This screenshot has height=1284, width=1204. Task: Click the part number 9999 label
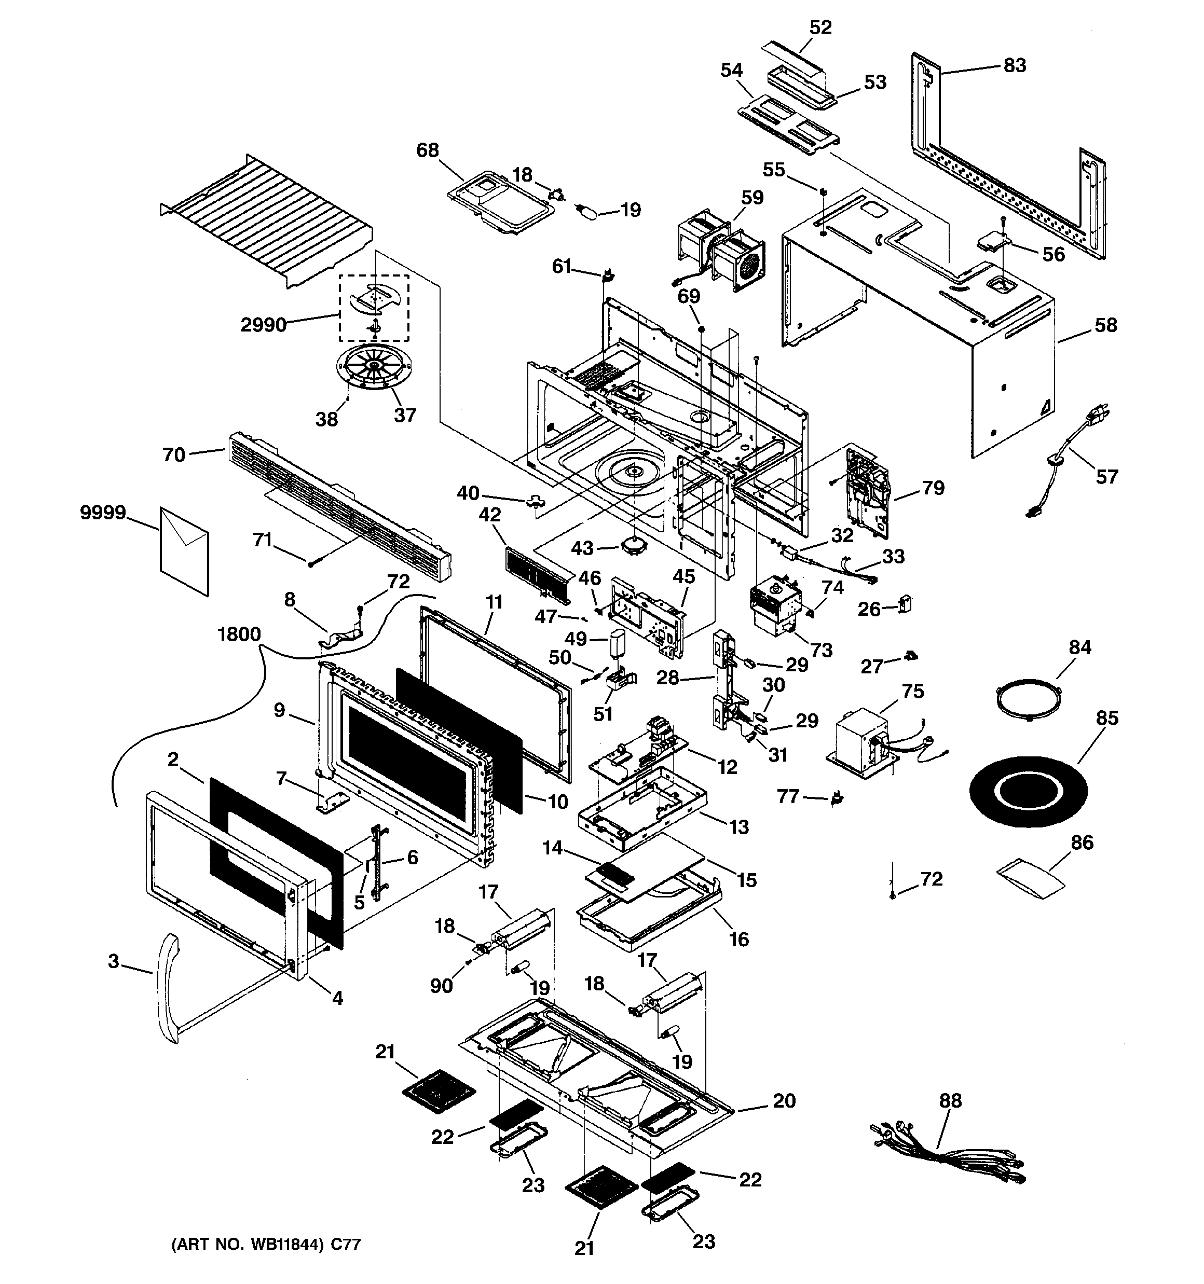coord(103,513)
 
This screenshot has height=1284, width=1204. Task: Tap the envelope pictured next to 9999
coord(184,551)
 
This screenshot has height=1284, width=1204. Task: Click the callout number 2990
coord(264,324)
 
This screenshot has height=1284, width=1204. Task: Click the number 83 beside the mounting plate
coord(1015,66)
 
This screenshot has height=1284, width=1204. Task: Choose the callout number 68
coord(427,150)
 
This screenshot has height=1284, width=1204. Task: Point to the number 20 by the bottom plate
coord(785,1100)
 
